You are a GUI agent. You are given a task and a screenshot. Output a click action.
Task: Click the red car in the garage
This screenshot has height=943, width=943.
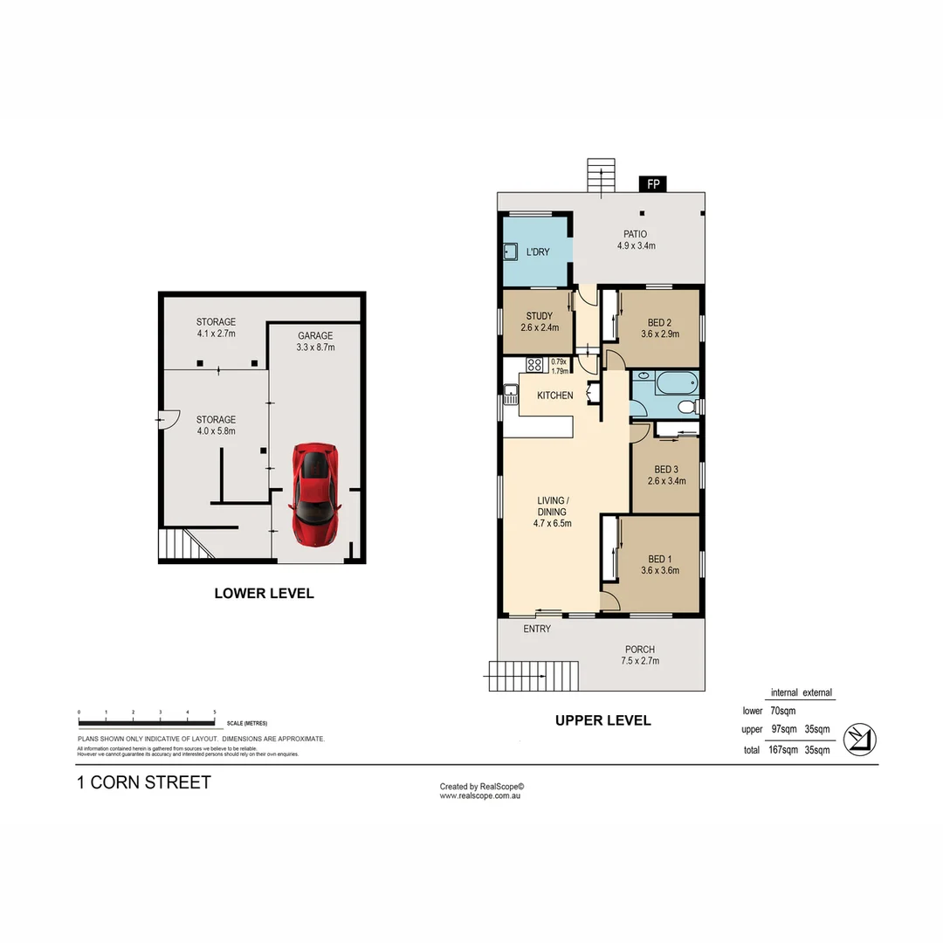coord(314,494)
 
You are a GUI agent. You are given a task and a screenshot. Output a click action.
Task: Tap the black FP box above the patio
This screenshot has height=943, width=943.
coord(653,183)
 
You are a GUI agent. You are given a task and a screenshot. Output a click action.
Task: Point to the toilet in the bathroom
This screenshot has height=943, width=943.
coord(686,407)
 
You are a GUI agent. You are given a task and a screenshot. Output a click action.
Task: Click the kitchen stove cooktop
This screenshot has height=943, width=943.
coord(533,363)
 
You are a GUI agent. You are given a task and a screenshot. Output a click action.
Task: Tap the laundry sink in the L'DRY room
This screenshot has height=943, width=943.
coord(511,252)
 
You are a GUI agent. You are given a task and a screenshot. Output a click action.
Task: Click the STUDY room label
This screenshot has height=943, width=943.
coord(539,316)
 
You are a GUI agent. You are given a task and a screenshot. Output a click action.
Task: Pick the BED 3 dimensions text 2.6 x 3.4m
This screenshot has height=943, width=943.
coord(666,481)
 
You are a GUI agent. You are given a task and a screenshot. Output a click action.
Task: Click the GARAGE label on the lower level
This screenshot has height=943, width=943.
coord(315,335)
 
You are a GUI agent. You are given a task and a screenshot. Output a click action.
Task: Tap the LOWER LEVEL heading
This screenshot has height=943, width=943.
coord(264,594)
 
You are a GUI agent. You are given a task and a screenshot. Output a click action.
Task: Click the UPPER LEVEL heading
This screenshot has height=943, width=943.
coord(603,720)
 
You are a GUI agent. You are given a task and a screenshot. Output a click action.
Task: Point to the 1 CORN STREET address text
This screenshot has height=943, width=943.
coord(144,782)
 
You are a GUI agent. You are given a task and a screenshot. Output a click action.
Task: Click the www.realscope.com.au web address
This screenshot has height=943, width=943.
coord(480,795)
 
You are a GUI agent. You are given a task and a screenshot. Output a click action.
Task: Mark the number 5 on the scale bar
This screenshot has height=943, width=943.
coord(214,713)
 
